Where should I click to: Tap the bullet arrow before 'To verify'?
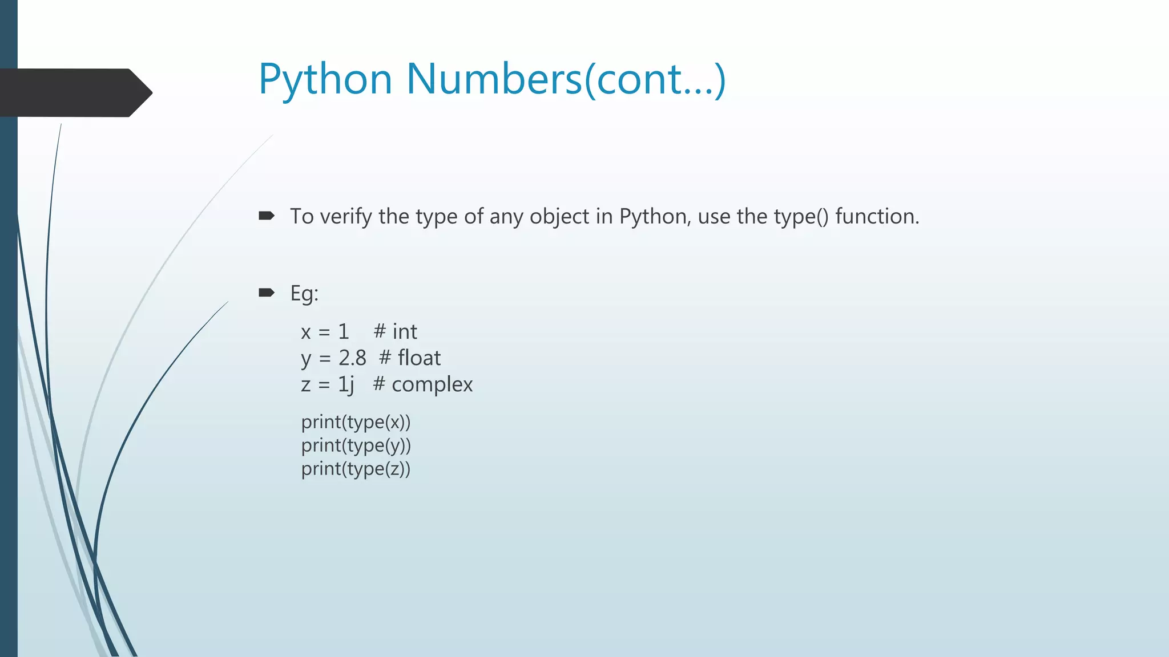[267, 216]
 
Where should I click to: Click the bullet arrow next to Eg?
[267, 293]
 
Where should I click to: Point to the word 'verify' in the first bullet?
[346, 217]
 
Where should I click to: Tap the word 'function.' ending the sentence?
[877, 217]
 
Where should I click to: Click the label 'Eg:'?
[304, 294]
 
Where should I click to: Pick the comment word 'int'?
[405, 331]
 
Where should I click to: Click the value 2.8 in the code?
[352, 358]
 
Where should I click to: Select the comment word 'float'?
[419, 358]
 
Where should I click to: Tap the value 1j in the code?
[346, 384]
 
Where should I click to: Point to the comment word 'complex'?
[432, 384]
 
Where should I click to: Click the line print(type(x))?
[356, 422]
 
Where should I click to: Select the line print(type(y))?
[356, 445]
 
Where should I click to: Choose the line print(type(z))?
[356, 469]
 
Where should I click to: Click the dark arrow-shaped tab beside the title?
[74, 92]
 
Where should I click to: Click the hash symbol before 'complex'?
[379, 384]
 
